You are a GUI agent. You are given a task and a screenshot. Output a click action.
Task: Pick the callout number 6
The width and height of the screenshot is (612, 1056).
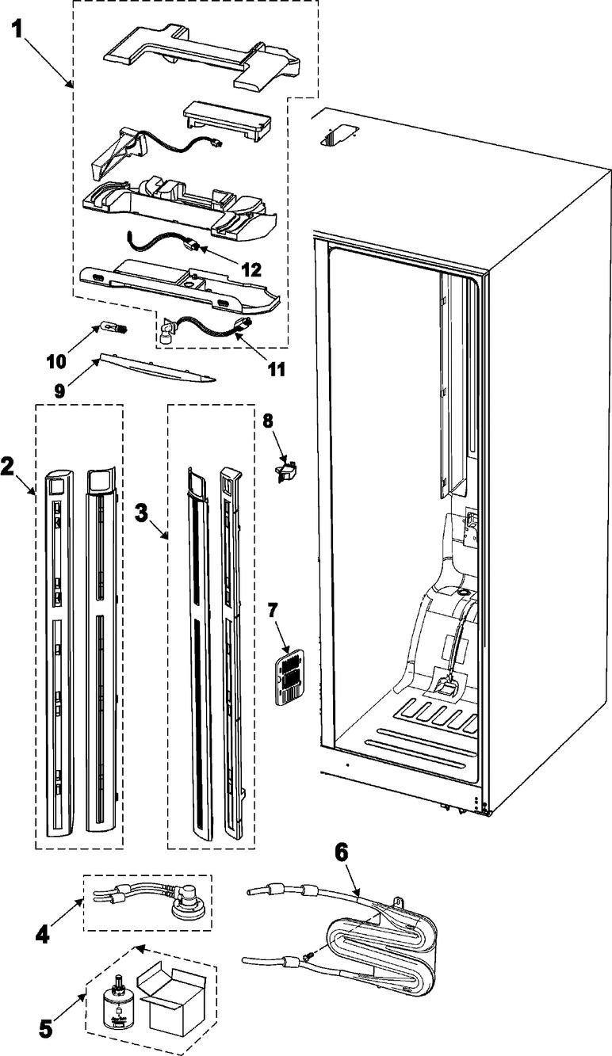pyautogui.click(x=342, y=852)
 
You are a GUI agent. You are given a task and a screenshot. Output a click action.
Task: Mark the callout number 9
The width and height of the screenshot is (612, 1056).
pyautogui.click(x=59, y=392)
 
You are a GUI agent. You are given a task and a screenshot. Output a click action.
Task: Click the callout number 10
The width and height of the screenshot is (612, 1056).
pyautogui.click(x=56, y=361)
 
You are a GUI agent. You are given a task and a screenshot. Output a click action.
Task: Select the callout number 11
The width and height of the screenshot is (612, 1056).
pyautogui.click(x=276, y=369)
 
